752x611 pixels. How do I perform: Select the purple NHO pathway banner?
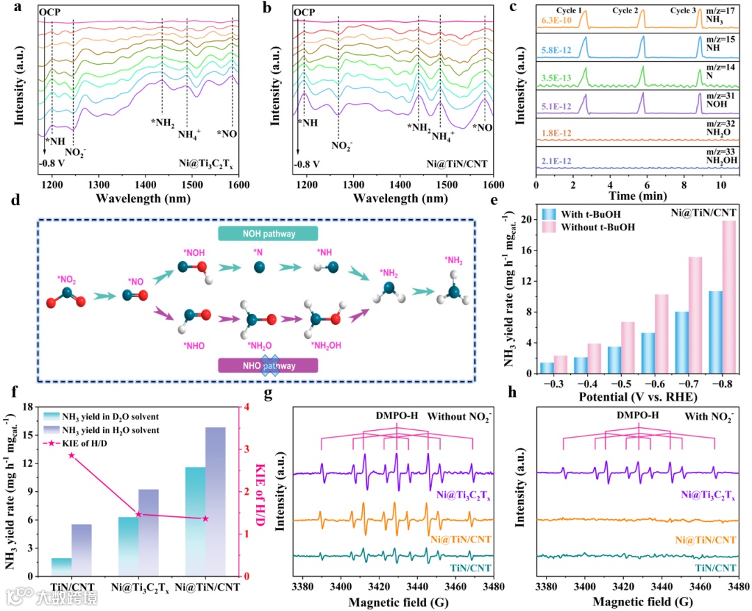269,365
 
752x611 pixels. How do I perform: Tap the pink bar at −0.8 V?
728,297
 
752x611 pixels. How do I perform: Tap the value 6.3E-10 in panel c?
554,20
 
